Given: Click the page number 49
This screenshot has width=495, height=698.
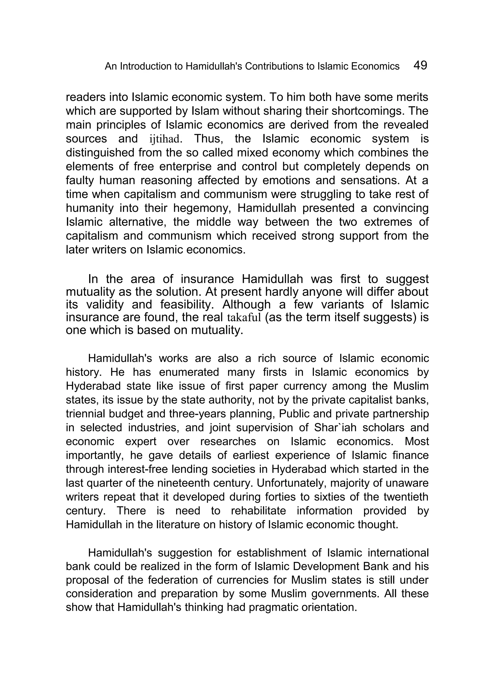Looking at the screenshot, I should (x=420, y=65).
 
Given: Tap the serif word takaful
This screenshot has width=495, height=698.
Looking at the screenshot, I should (x=244, y=317).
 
